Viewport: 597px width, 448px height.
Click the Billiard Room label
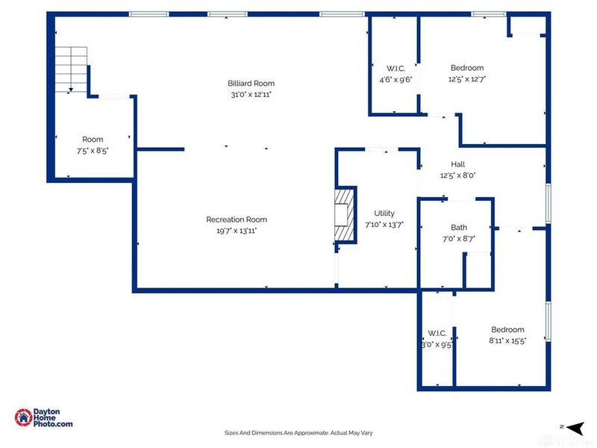click(x=251, y=83)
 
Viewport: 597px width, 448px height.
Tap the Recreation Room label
click(x=237, y=220)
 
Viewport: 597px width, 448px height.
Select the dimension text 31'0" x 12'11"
click(x=251, y=95)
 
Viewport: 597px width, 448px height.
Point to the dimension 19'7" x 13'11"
click(x=237, y=231)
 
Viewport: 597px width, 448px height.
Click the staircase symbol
click(x=72, y=69)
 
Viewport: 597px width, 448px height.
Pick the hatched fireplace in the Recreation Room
click(x=343, y=215)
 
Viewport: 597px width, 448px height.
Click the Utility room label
click(x=384, y=214)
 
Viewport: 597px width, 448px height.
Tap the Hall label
click(x=457, y=164)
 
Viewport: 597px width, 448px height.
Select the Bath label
click(x=459, y=228)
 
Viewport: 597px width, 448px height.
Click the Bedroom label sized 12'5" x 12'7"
click(x=466, y=68)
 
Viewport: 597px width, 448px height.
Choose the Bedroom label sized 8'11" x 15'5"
click(x=507, y=329)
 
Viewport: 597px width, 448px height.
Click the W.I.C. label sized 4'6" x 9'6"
click(x=395, y=68)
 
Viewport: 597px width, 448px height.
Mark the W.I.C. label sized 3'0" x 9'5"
click(x=437, y=333)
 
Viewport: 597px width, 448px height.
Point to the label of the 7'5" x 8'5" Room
click(x=93, y=140)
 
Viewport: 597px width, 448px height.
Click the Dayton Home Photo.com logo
click(x=43, y=418)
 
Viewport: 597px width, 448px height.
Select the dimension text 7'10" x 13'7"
click(x=384, y=225)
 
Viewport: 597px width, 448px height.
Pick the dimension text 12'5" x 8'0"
click(x=457, y=175)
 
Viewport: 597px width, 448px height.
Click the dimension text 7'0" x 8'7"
click(x=459, y=239)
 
